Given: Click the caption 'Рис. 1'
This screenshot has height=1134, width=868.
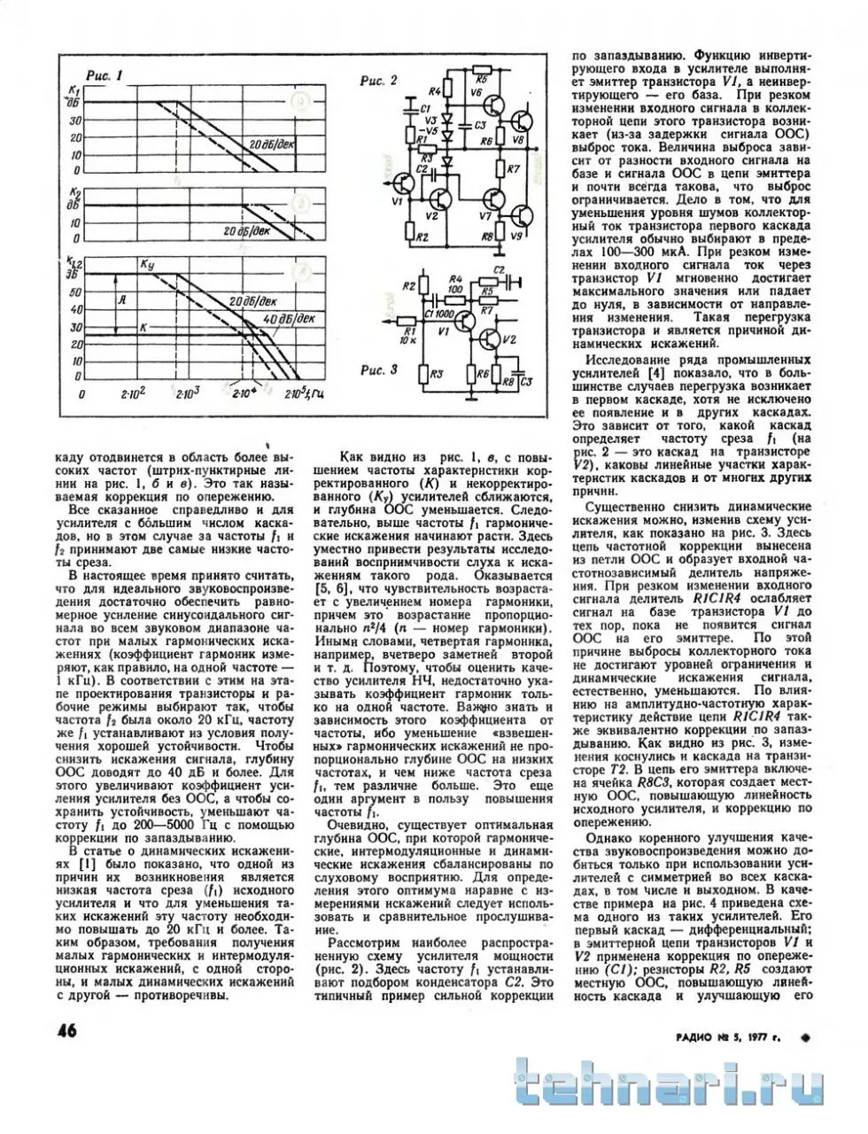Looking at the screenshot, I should (104, 75).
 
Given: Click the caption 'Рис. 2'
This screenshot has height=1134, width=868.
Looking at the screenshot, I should (380, 81).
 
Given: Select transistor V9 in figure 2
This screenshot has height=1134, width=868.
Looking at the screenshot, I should (523, 215).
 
